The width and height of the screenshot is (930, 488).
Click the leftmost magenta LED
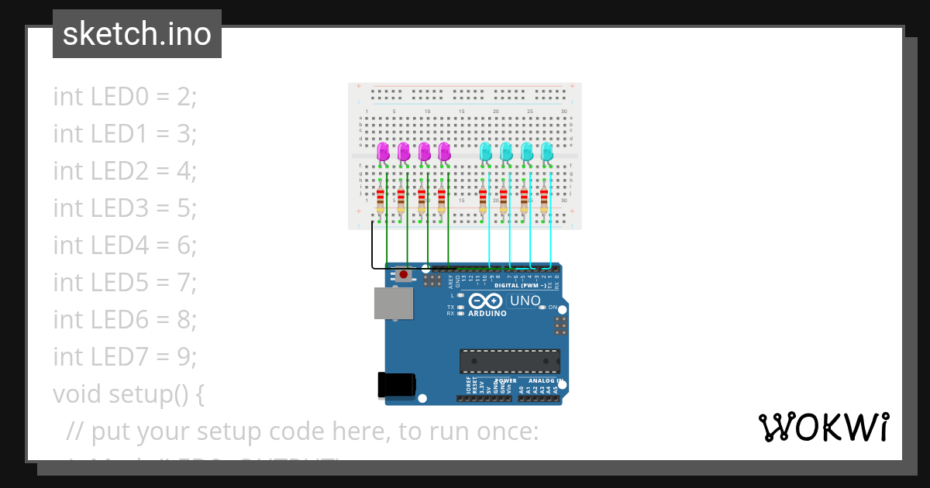[x=383, y=152]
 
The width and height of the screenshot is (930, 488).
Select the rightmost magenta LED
[x=444, y=152]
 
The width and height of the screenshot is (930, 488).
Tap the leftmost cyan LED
[x=486, y=152]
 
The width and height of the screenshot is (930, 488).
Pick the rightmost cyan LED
[x=546, y=152]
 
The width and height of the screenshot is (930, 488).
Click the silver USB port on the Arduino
[x=394, y=303]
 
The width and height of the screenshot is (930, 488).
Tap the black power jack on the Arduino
[x=396, y=385]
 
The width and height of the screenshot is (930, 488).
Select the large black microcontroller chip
[x=509, y=361]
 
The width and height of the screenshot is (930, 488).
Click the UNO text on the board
[x=525, y=301]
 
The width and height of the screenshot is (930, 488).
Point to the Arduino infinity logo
[x=486, y=301]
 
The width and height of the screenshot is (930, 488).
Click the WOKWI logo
[x=823, y=427]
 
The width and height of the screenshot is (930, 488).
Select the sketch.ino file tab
[x=137, y=34]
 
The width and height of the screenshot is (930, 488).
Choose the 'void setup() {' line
[x=129, y=394]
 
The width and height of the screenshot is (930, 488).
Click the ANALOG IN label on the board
[x=543, y=380]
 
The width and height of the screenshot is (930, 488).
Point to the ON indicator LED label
[x=553, y=308]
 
